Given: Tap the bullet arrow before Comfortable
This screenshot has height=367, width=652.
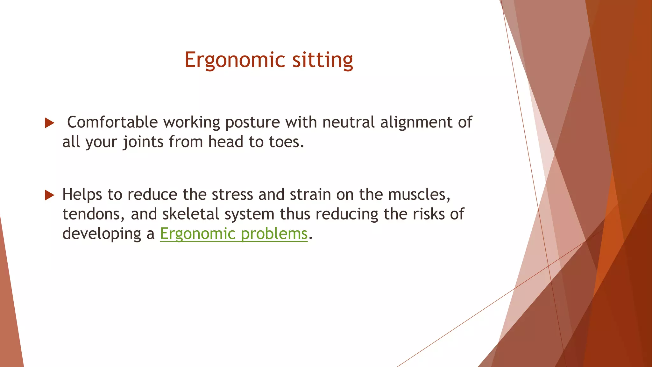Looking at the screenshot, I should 49,123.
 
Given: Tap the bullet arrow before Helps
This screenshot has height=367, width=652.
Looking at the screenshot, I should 49,195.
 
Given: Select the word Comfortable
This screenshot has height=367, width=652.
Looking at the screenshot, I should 112,122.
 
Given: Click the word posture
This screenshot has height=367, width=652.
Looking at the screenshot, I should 252,122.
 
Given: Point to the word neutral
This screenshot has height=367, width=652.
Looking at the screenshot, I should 348,122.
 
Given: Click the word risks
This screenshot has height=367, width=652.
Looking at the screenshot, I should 429,214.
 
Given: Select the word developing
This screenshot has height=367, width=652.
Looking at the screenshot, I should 102,234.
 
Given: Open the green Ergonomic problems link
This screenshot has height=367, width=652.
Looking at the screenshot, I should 234,234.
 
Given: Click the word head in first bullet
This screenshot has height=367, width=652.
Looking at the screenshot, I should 226,142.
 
